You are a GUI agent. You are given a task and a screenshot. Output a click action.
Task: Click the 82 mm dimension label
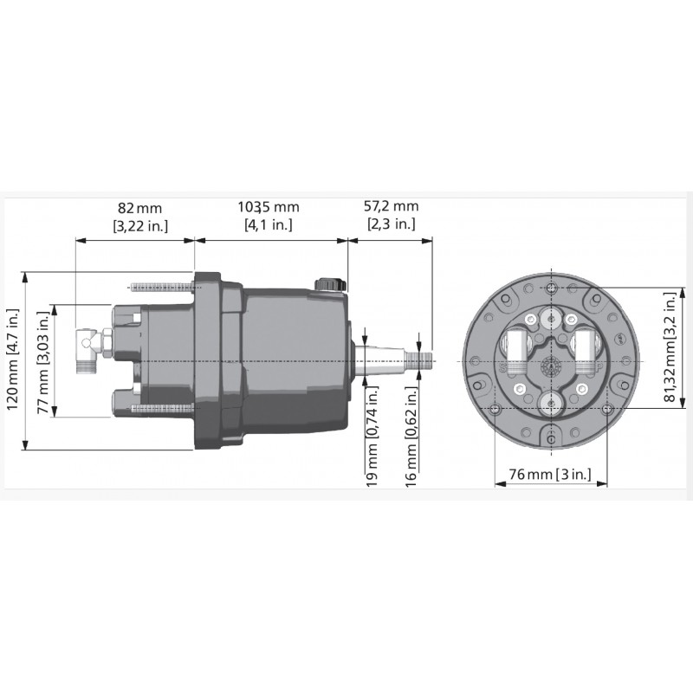pyautogui.click(x=139, y=208)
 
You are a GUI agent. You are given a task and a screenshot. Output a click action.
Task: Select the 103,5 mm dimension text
pyautogui.click(x=269, y=207)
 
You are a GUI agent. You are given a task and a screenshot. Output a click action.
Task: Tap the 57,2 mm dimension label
pyautogui.click(x=391, y=206)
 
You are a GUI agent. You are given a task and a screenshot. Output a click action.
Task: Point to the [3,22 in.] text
pyautogui.click(x=140, y=226)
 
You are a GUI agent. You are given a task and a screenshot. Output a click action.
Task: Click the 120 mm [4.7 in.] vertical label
pyautogui.click(x=12, y=359)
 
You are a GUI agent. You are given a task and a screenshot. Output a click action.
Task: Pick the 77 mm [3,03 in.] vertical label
pyautogui.click(x=43, y=362)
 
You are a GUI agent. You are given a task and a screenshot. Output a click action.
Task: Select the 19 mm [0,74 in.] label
pyautogui.click(x=372, y=437)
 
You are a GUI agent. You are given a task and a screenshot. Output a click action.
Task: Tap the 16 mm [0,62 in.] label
pyautogui.click(x=411, y=437)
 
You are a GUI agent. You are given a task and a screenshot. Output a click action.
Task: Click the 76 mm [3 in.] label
pyautogui.click(x=550, y=474)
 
